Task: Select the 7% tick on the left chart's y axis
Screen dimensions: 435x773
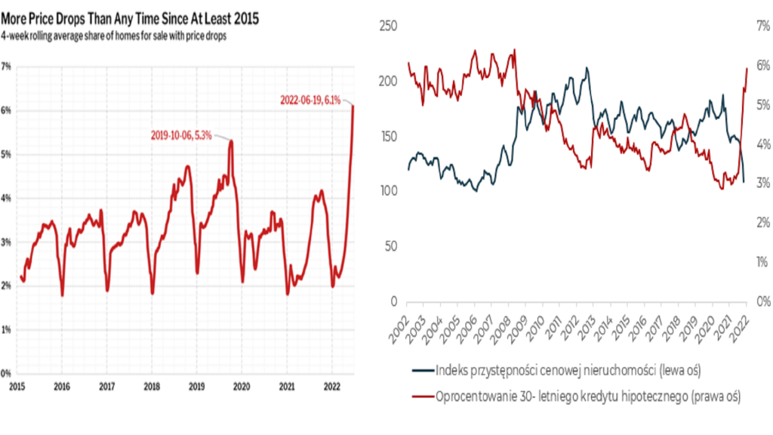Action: coord(6,66)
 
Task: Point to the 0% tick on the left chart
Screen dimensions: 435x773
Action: coord(6,374)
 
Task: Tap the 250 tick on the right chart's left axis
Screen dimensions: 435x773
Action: coord(387,26)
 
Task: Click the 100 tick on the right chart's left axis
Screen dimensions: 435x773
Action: coord(387,192)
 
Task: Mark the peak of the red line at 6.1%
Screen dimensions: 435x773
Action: coord(353,106)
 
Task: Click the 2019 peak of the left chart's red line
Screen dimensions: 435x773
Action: coord(231,141)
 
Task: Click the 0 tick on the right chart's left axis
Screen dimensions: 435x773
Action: coord(393,302)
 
